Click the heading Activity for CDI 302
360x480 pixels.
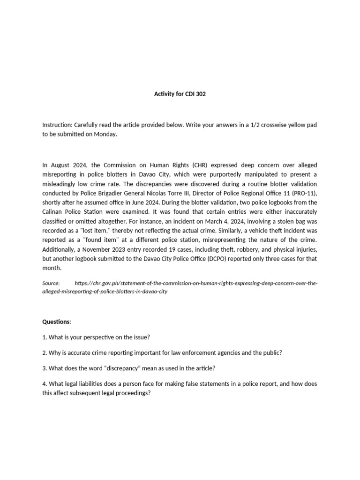pos(180,94)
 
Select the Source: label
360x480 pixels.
pos(51,283)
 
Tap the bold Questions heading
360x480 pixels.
pos(56,322)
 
